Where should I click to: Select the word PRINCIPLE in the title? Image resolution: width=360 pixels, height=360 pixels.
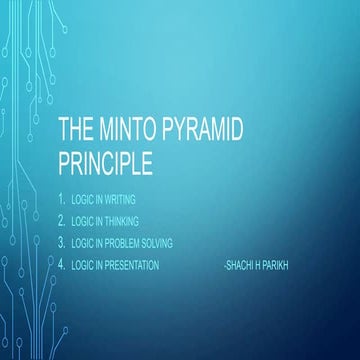point(107,161)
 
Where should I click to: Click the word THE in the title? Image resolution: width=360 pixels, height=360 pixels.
point(76,130)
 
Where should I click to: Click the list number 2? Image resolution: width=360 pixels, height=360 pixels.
point(62,220)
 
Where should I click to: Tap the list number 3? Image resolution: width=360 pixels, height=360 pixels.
point(62,242)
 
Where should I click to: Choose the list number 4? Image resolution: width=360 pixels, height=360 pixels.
point(62,265)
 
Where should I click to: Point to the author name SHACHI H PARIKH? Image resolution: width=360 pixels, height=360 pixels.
point(257,265)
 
